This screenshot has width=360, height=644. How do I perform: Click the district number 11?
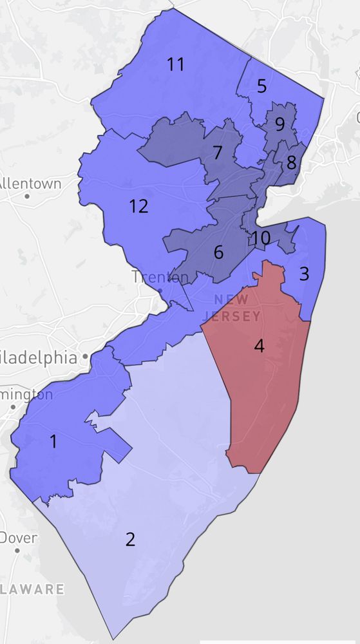click(175, 64)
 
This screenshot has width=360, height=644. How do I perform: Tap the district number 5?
click(261, 86)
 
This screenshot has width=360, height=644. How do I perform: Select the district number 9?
click(279, 124)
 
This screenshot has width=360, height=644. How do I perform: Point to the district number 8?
click(291, 162)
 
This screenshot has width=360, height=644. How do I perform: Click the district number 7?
click(217, 153)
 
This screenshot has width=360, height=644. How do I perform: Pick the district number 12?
click(138, 206)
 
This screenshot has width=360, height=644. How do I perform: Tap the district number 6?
click(218, 252)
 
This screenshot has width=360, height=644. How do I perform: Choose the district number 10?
click(261, 238)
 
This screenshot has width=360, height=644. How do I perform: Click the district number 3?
click(304, 274)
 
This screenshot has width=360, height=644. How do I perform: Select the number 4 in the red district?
click(259, 346)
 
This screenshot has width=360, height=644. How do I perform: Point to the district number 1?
click(53, 441)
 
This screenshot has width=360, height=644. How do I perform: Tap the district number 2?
click(130, 539)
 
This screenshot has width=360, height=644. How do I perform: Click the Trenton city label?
click(160, 277)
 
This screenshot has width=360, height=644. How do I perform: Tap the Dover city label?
click(19, 537)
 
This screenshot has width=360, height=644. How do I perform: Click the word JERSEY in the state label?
click(231, 316)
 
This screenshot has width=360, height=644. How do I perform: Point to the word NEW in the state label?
click(231, 299)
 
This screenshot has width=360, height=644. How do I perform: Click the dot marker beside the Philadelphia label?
click(84, 357)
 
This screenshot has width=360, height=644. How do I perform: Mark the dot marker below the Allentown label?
click(27, 195)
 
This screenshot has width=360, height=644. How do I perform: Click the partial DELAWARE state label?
click(32, 589)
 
